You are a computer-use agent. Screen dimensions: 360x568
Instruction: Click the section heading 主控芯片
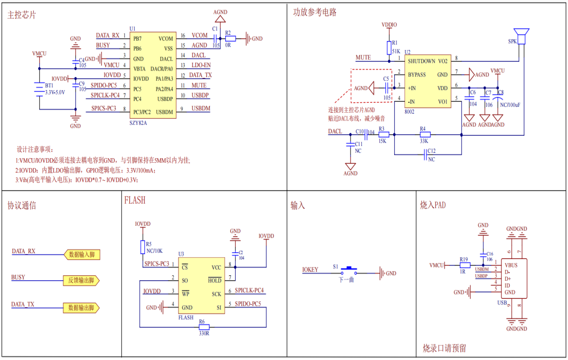coord(22,15)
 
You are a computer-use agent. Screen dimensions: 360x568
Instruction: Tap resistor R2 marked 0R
coord(230,38)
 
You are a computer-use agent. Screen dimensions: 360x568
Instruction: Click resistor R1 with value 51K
coord(389,48)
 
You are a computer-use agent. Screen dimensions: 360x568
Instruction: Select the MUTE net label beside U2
coord(363,58)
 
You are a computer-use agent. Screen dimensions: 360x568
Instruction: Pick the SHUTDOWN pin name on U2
coord(421,61)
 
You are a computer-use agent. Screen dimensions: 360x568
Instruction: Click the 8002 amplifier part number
coord(409,112)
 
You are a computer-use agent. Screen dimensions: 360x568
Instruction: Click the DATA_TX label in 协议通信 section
coord(23,304)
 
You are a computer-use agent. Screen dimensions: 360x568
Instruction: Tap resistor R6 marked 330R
coord(203,327)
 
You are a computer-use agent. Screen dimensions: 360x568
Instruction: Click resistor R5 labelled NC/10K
coord(142,245)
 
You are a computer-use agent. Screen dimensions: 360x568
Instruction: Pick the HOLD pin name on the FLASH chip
coord(214,280)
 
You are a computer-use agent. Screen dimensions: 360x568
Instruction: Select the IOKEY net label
coord(310,269)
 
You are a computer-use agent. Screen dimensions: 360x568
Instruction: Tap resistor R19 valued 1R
coord(465,265)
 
